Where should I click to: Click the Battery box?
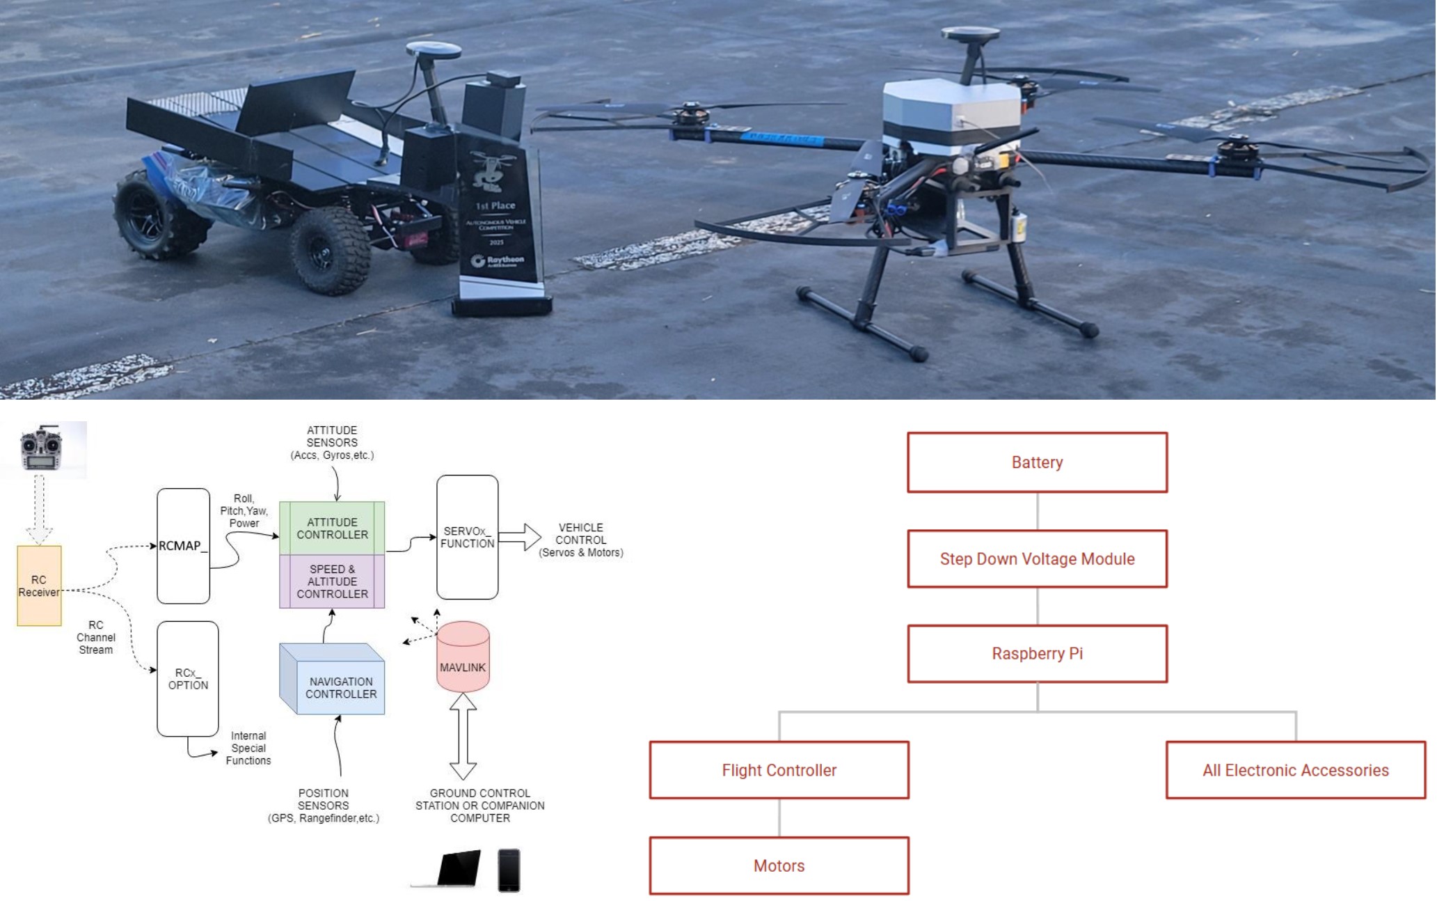1037,462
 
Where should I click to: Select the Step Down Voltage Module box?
1037,558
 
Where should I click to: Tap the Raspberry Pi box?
1037,653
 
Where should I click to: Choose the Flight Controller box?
779,769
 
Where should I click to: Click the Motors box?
779,865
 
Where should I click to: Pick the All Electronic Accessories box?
1295,769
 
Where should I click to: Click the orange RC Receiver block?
39,586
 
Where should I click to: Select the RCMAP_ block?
183,546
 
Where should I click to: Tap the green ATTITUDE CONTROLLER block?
332,528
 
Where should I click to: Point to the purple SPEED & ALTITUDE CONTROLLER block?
332,581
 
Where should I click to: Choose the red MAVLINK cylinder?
463,658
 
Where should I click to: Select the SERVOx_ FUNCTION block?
467,537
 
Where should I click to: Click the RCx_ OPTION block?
188,679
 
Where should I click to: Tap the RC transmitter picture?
42,449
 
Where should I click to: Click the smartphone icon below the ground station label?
509,870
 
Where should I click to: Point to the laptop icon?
449,869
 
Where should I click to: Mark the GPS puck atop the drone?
970,35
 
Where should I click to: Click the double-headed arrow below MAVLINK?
463,736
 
